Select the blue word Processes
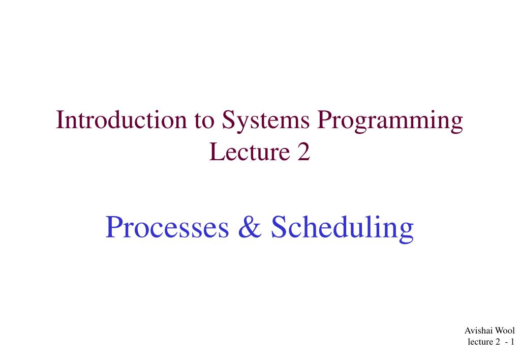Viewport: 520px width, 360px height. [167, 227]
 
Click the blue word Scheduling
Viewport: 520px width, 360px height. [342, 228]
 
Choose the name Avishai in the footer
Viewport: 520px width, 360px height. [479, 331]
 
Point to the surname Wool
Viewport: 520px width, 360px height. [505, 331]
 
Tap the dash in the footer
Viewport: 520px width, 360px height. [506, 342]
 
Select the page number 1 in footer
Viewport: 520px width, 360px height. [513, 342]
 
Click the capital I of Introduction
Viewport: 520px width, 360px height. [59, 121]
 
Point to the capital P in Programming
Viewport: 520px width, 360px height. [325, 121]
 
